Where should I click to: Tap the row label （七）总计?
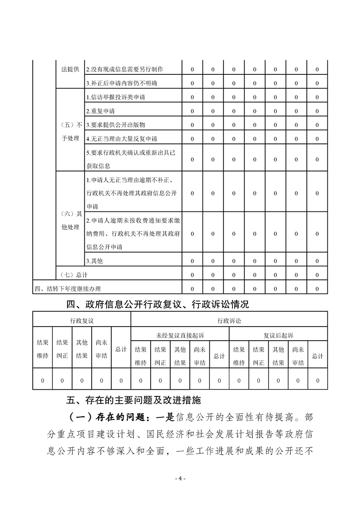(x=74, y=275)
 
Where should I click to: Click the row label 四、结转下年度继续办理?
(x=68, y=289)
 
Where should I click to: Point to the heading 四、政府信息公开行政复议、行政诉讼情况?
(x=158, y=304)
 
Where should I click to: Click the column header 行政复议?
(x=82, y=321)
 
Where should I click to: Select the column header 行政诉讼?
(x=229, y=321)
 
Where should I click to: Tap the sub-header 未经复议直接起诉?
(x=180, y=336)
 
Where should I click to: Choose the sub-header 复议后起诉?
(x=279, y=336)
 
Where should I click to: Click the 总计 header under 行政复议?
(x=121, y=349)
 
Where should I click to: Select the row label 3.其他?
(x=94, y=261)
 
